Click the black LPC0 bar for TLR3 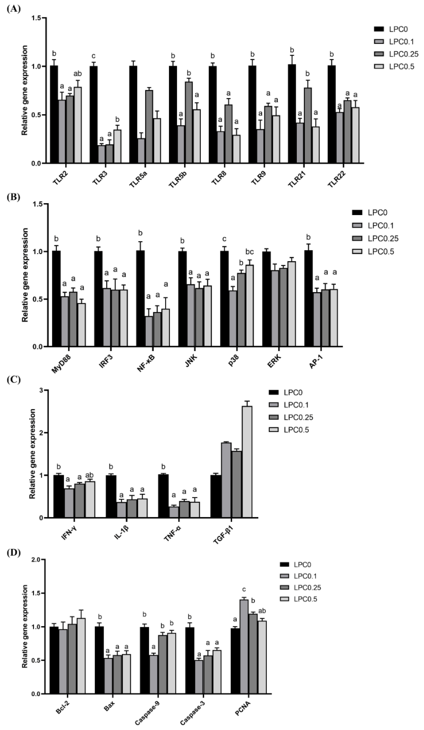click(x=94, y=114)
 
